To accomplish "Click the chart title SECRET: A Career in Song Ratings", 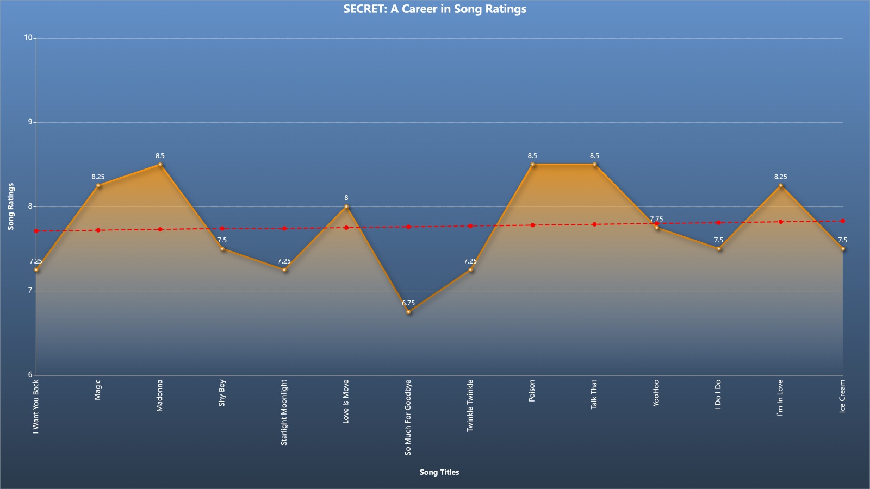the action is pyautogui.click(x=434, y=9).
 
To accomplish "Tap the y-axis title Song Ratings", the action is pyautogui.click(x=11, y=206).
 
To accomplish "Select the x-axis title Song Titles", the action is pyautogui.click(x=439, y=472).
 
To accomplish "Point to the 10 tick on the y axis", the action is pyautogui.click(x=28, y=37).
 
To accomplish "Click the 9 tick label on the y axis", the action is pyautogui.click(x=30, y=122).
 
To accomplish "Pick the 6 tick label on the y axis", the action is pyautogui.click(x=30, y=374).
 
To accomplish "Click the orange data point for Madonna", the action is pyautogui.click(x=160, y=165).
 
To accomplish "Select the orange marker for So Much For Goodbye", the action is pyautogui.click(x=408, y=312).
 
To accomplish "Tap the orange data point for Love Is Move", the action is pyautogui.click(x=346, y=206).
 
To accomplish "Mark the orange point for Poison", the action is pyautogui.click(x=532, y=165).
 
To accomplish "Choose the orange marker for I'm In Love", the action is pyautogui.click(x=781, y=185).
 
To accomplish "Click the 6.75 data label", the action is pyautogui.click(x=408, y=303).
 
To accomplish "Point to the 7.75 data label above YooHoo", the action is pyautogui.click(x=656, y=219).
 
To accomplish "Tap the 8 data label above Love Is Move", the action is pyautogui.click(x=346, y=198).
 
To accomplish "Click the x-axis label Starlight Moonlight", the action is pyautogui.click(x=284, y=412).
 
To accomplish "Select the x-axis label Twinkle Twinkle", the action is pyautogui.click(x=470, y=405).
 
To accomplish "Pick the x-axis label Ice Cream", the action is pyautogui.click(x=842, y=396).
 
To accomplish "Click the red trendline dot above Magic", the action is pyautogui.click(x=98, y=230).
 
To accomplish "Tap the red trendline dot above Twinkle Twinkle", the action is pyautogui.click(x=470, y=226).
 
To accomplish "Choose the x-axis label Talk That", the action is pyautogui.click(x=594, y=394).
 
